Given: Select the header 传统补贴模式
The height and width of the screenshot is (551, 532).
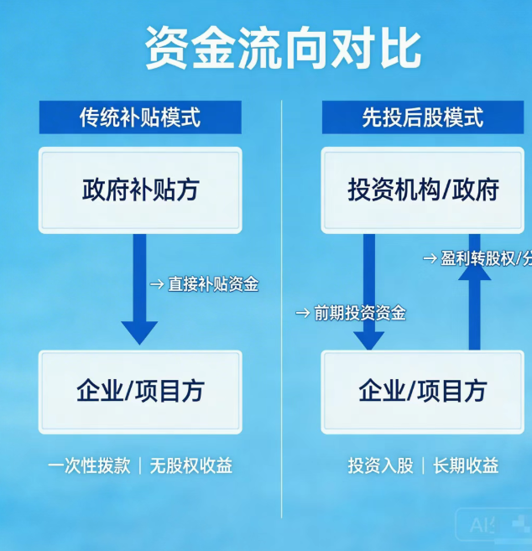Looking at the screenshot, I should [140, 117].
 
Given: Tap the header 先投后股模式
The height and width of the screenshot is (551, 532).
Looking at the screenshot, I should [423, 117].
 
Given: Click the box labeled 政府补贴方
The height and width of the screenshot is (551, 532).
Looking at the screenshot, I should [140, 190].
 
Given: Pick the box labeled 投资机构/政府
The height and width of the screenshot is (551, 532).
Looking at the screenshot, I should [423, 190].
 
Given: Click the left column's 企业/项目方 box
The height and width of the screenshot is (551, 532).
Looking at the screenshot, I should [140, 391].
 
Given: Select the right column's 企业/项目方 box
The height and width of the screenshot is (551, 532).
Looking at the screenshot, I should [423, 391].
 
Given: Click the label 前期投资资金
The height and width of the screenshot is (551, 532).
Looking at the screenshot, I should [359, 313].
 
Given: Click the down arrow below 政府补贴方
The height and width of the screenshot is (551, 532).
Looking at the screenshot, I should [139, 289].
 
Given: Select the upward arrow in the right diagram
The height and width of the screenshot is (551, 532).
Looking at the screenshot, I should [474, 294].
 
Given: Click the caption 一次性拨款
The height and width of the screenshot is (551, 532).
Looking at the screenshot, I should [89, 465].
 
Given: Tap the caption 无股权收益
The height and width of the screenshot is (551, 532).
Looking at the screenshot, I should [190, 465].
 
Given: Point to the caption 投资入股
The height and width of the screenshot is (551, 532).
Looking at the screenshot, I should [380, 465].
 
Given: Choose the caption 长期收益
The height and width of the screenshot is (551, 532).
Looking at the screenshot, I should [466, 465].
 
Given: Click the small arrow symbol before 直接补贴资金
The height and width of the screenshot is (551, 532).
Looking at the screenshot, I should [157, 284].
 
